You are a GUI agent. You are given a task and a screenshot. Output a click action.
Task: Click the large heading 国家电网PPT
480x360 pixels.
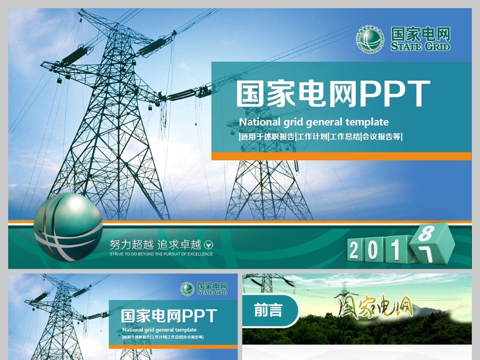[333, 94]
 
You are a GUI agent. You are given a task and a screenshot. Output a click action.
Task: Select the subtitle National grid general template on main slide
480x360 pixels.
[314, 122]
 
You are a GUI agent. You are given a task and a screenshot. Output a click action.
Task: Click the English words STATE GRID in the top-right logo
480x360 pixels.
[420, 46]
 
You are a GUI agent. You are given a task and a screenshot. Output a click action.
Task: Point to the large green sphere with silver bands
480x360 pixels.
[68, 226]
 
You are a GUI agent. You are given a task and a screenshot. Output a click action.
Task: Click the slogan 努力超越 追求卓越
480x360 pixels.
[155, 244]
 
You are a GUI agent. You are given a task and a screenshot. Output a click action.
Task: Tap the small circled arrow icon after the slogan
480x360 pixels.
[210, 244]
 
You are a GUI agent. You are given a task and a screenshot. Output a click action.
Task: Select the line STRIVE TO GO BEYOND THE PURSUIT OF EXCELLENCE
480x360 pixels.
[161, 254]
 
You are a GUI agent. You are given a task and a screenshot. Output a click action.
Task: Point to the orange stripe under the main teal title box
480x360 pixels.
[341, 156]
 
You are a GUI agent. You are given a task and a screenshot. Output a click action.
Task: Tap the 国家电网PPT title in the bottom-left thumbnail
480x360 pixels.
[169, 315]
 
